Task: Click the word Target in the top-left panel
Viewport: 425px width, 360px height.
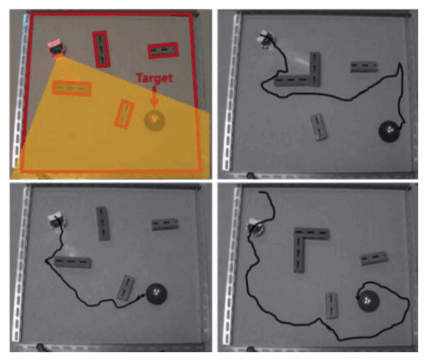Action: click(154, 78)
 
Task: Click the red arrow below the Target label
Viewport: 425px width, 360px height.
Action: click(154, 97)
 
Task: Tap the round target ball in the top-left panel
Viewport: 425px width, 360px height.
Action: click(154, 120)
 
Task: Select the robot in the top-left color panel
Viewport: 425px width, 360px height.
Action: click(56, 48)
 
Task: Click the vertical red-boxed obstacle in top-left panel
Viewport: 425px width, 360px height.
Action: click(101, 49)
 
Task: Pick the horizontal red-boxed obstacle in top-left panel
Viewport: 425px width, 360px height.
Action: click(163, 51)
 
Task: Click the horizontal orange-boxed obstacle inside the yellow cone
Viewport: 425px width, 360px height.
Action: click(71, 88)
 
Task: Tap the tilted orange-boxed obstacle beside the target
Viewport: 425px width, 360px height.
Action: click(125, 114)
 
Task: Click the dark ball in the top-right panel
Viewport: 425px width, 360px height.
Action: click(389, 131)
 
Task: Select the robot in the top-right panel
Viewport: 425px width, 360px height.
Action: click(266, 39)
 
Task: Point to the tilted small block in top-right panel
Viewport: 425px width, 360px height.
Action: click(319, 127)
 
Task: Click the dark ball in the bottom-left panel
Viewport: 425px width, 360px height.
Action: click(156, 294)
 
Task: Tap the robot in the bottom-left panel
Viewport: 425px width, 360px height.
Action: click(57, 221)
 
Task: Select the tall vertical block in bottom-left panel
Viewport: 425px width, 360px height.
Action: click(103, 224)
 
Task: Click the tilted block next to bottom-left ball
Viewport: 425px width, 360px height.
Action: click(126, 288)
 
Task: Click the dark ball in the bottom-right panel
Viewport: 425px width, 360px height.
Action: click(368, 301)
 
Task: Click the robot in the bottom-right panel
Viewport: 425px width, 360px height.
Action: click(256, 227)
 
